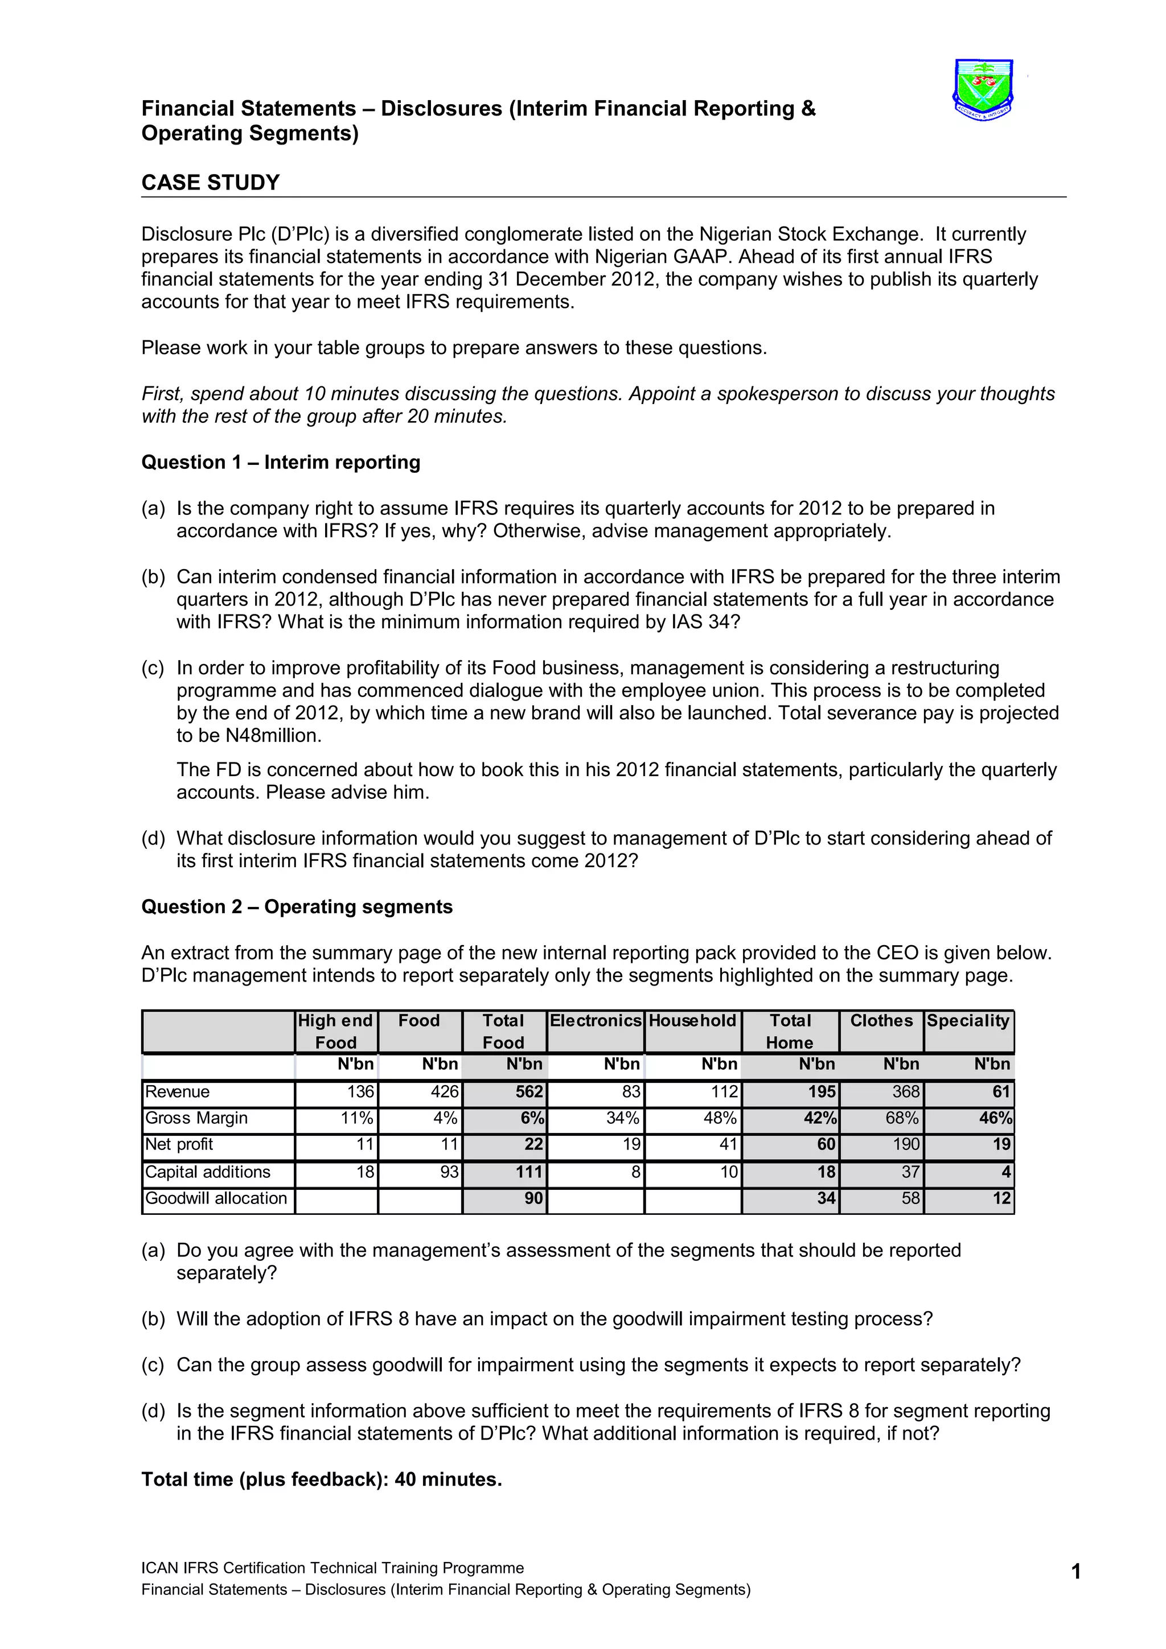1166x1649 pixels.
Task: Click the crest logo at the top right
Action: [983, 90]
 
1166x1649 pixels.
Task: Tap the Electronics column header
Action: [595, 1021]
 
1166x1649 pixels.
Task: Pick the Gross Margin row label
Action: [196, 1118]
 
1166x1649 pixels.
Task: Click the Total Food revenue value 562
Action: [529, 1092]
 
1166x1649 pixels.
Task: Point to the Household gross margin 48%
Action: [719, 1118]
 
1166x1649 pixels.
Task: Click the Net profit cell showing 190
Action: [906, 1144]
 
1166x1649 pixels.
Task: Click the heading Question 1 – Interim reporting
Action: [280, 462]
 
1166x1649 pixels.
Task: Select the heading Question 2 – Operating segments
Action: [297, 906]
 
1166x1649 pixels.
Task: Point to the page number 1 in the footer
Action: [1075, 1572]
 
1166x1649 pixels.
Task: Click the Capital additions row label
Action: [208, 1172]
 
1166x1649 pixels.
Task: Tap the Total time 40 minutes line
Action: [321, 1479]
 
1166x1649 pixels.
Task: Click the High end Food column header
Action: [335, 1032]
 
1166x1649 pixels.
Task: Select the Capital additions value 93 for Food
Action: [449, 1172]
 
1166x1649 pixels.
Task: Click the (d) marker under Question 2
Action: [153, 1411]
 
